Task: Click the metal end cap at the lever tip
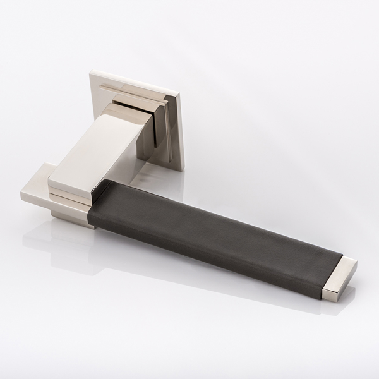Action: [339, 278]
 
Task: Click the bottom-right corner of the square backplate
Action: [183, 169]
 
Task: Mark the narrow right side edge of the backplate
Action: [181, 133]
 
